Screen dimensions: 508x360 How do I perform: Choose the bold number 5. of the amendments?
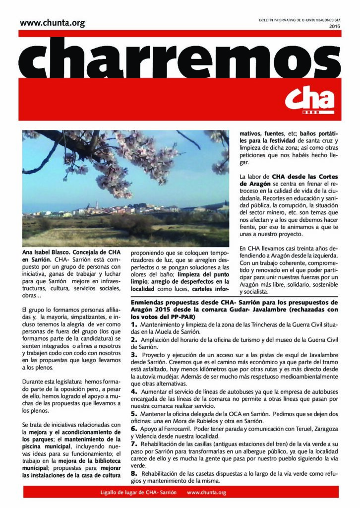134,413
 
